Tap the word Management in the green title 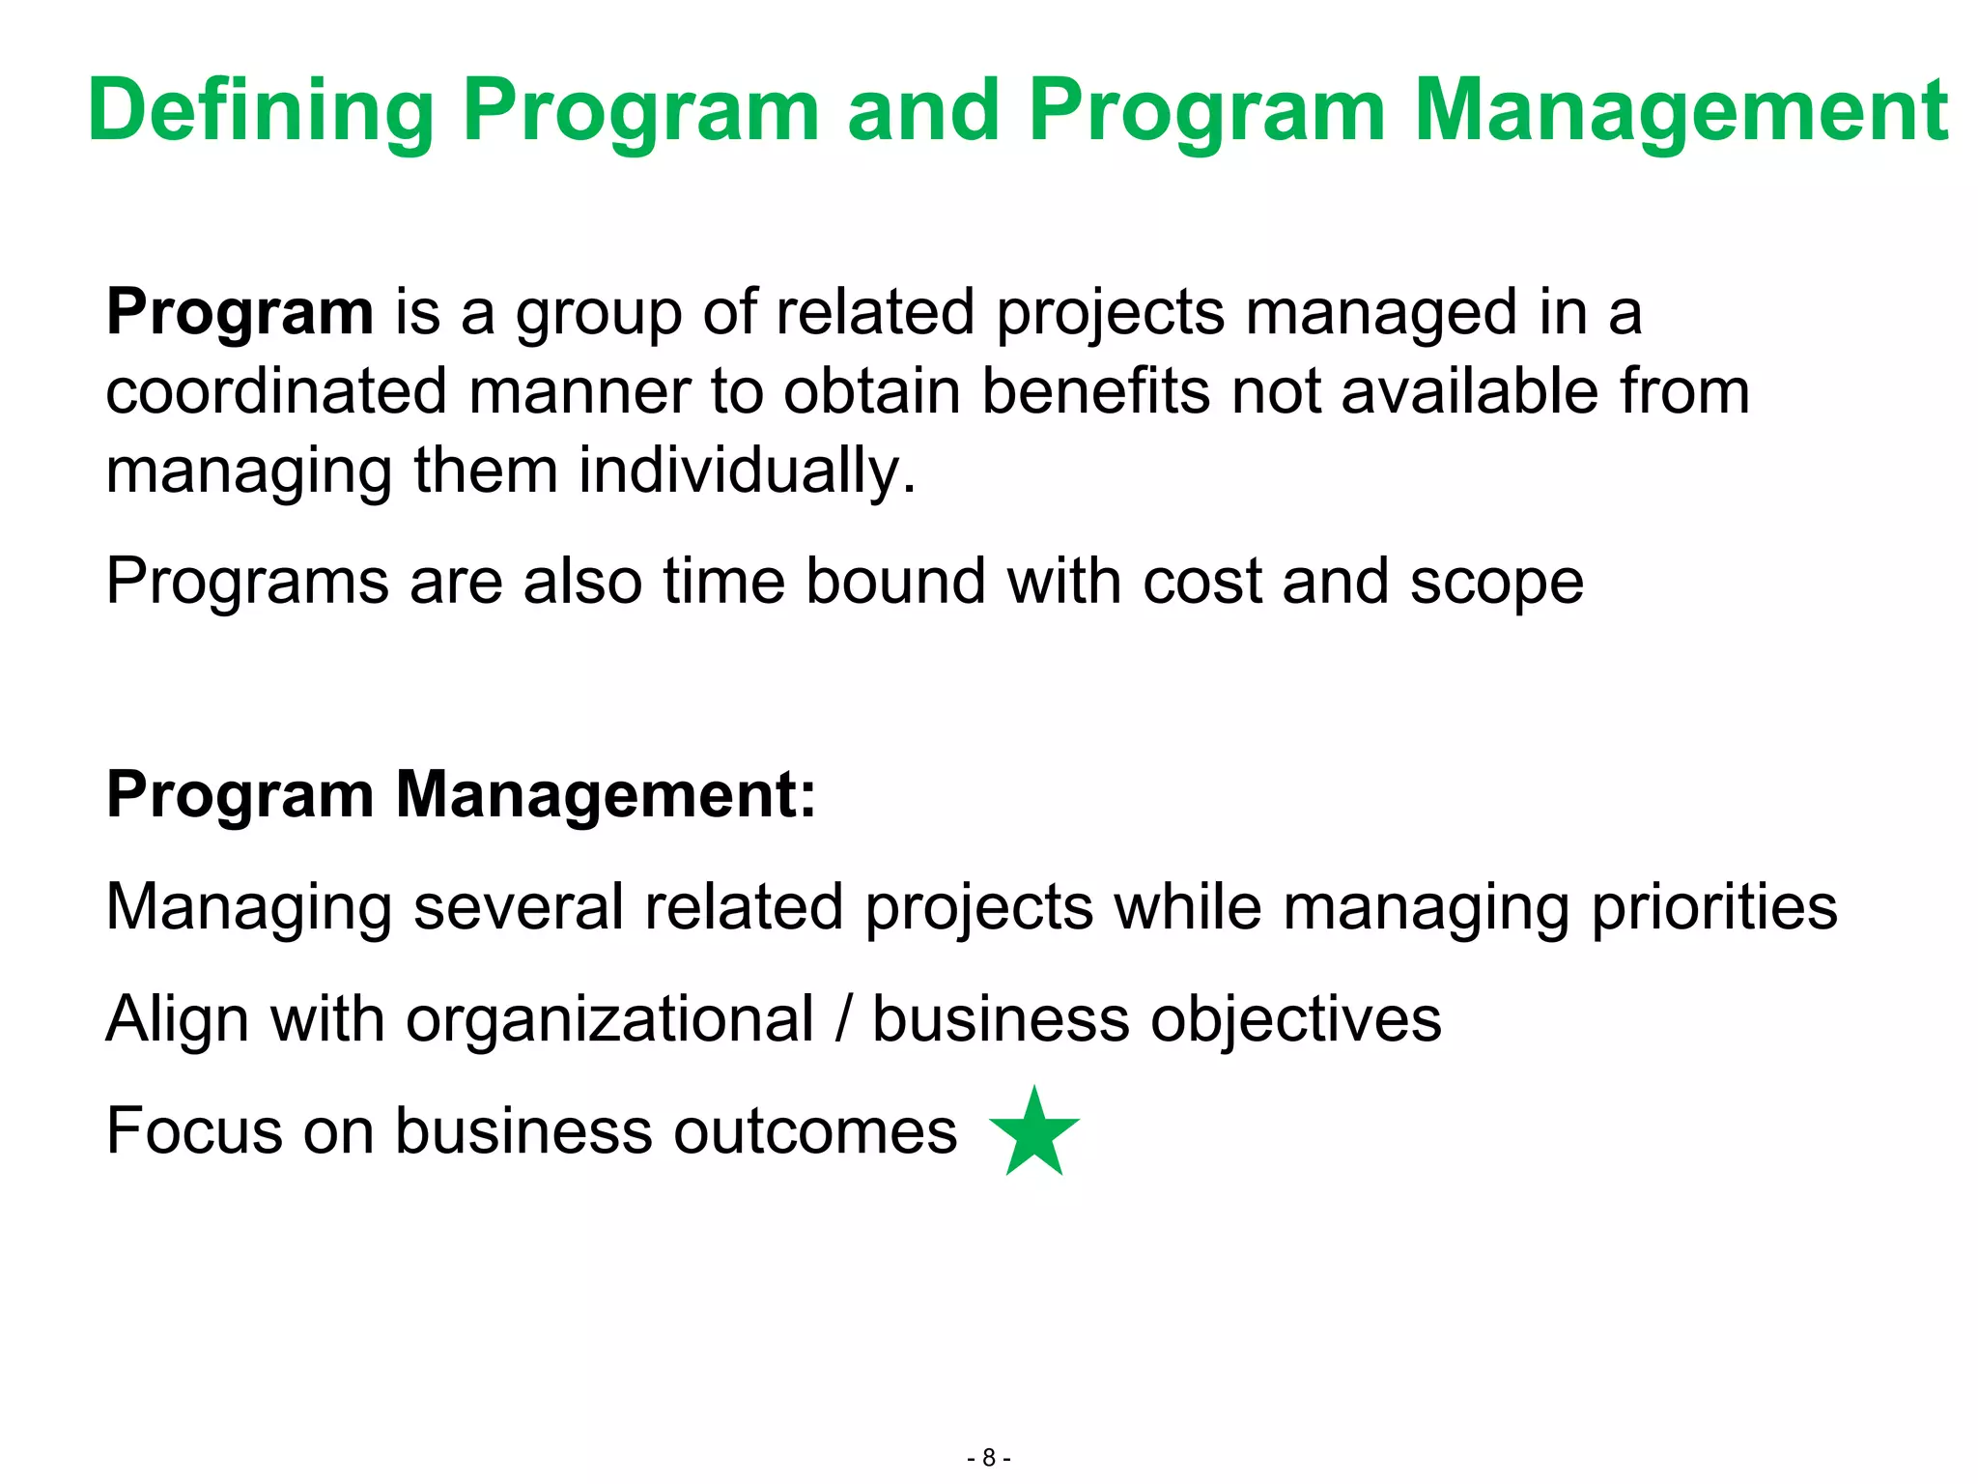coord(1681,112)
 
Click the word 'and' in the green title coord(922,112)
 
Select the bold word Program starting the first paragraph coord(240,314)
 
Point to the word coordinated coord(276,392)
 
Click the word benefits coord(1095,392)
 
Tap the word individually coord(747,471)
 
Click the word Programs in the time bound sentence coord(246,583)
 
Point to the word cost coord(1201,583)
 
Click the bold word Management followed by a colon coord(606,795)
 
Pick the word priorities coord(1713,908)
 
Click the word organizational coord(609,1020)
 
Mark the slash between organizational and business coord(844,1020)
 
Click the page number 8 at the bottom coord(989,1458)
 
